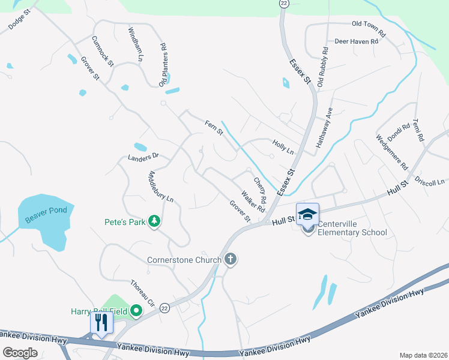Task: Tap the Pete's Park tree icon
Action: click(x=154, y=222)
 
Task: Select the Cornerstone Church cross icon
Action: click(x=230, y=260)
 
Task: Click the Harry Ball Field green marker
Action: click(x=136, y=310)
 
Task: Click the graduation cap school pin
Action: click(x=307, y=214)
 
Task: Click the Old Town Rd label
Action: click(x=368, y=24)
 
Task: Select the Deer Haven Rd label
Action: click(x=356, y=41)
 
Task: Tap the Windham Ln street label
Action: click(x=135, y=44)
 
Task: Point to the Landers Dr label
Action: click(x=143, y=157)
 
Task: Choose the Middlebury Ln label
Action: click(x=160, y=187)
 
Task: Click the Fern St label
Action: click(x=214, y=127)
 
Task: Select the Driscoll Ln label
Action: click(x=432, y=181)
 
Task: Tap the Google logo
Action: click(x=20, y=353)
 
